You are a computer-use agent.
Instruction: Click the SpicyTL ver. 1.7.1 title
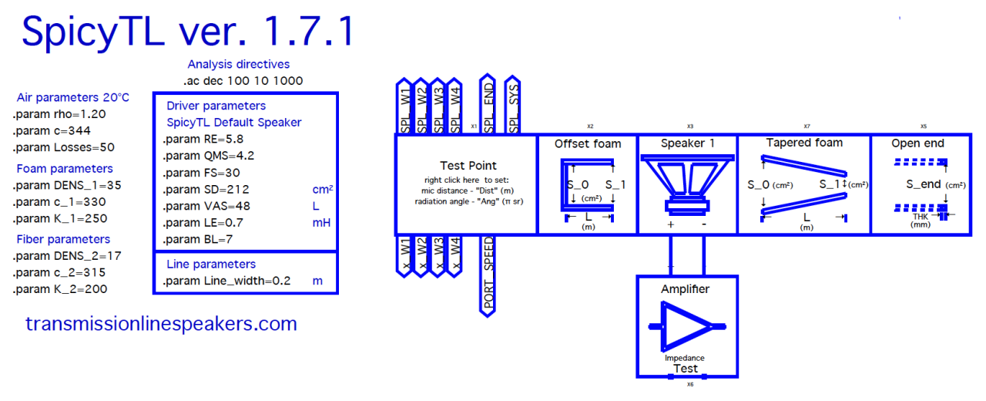(x=189, y=31)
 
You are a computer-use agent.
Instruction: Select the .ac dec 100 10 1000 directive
(x=243, y=81)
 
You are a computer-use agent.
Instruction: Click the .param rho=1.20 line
(x=59, y=114)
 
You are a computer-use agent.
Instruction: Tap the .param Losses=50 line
(x=64, y=147)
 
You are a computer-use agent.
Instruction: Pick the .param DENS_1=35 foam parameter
(x=67, y=186)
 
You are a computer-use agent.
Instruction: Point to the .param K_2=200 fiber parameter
(x=60, y=289)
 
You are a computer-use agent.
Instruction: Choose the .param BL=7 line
(x=198, y=239)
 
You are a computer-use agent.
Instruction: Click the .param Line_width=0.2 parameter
(x=226, y=281)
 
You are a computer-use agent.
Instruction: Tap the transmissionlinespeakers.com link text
(x=161, y=324)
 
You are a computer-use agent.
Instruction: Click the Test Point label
(x=468, y=165)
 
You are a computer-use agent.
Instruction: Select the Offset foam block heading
(x=588, y=143)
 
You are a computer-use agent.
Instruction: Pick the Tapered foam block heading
(x=804, y=143)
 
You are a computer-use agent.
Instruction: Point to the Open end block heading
(x=917, y=143)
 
